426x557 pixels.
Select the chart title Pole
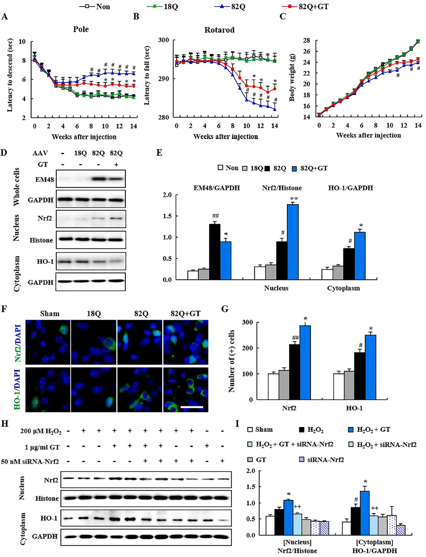81,29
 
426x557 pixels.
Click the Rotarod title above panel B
219,30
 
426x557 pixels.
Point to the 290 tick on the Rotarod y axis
164,79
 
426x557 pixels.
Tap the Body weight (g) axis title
292,77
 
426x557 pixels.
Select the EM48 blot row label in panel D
44,180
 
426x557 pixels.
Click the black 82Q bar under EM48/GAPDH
215,252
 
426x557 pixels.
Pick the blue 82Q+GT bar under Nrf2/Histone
293,242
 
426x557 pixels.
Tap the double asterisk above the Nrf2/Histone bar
294,199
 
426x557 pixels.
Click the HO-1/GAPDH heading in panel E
350,188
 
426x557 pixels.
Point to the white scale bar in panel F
192,407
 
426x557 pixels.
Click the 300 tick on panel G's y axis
247,322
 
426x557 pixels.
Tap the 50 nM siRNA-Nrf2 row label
30,462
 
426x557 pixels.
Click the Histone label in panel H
47,498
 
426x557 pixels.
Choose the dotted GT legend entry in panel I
257,460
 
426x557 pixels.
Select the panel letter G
225,309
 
